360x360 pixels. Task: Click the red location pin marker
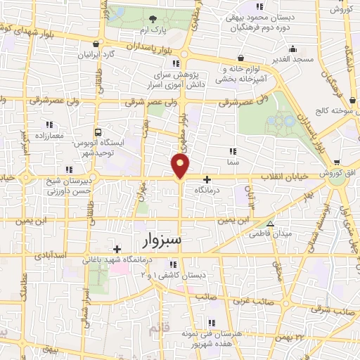181,165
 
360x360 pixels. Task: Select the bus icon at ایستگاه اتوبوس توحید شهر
98,131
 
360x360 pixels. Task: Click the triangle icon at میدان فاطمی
270,224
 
